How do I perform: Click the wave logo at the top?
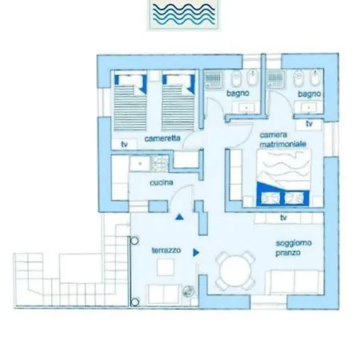179,15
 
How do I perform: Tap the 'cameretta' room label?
162,138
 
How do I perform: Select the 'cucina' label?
161,183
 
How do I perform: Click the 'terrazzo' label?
166,250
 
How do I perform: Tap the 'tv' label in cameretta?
124,144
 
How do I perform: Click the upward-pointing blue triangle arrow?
179,216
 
